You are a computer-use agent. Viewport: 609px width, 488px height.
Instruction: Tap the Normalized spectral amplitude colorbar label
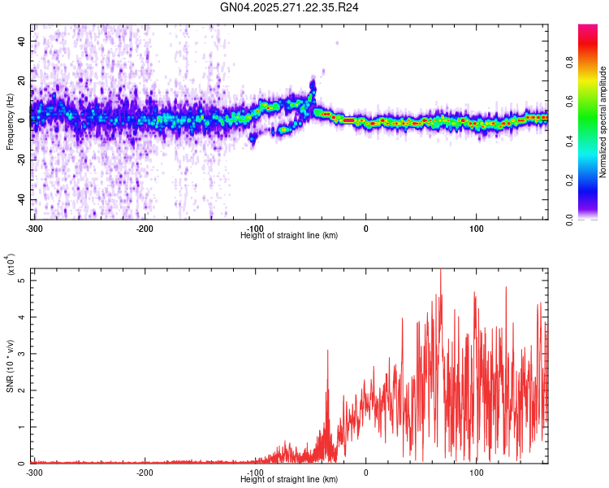[x=603, y=122]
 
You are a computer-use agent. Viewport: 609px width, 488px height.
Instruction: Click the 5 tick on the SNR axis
[x=22, y=281]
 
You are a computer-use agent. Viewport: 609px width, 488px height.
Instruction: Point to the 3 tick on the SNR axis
[x=22, y=354]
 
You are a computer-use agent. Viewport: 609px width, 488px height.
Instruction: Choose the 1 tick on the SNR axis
[x=22, y=427]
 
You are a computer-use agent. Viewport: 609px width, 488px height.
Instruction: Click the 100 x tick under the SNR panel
[x=477, y=473]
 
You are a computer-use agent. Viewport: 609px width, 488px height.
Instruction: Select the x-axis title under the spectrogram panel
[x=289, y=236]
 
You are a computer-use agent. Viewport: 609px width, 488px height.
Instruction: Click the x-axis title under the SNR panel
[x=289, y=480]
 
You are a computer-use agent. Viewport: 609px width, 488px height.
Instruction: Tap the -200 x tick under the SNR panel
[x=145, y=473]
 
